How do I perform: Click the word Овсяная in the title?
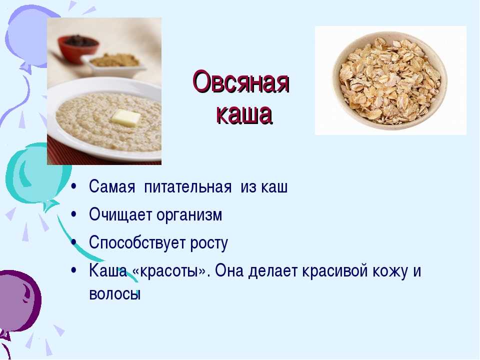(x=241, y=82)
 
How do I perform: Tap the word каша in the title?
(x=244, y=114)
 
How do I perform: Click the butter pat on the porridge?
(x=125, y=117)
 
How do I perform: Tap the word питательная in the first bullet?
(x=187, y=186)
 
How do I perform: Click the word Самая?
(x=112, y=186)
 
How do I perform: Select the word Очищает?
(x=120, y=214)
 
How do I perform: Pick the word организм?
(x=189, y=215)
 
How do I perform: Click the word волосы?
(x=115, y=294)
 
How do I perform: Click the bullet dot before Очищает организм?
(x=73, y=214)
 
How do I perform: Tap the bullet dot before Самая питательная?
(x=73, y=186)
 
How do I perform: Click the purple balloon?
(x=18, y=301)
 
